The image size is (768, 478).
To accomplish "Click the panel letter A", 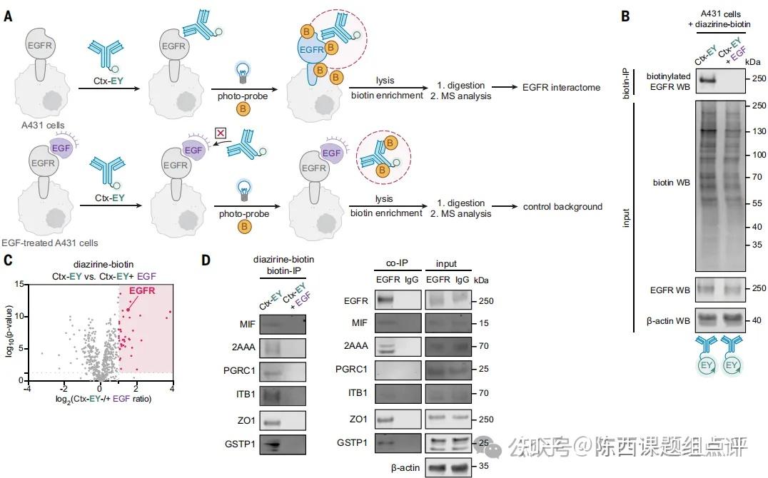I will (8, 16).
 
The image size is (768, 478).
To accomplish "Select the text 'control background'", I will (562, 207).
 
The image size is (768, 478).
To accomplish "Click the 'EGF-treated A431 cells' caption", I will (50, 243).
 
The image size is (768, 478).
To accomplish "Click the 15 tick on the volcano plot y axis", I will (18, 284).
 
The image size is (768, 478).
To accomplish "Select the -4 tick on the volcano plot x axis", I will (27, 389).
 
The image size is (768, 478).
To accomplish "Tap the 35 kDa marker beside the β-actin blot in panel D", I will (482, 468).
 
